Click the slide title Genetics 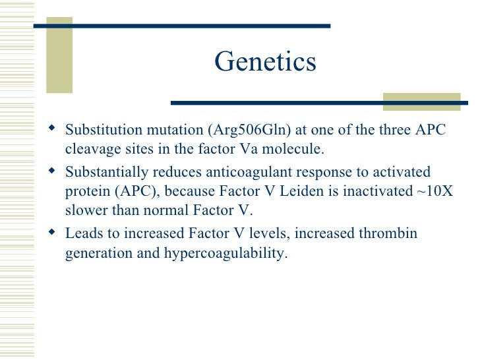265,62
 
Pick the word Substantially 107,172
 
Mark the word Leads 82,234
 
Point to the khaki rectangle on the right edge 421,101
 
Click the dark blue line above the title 181,26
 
